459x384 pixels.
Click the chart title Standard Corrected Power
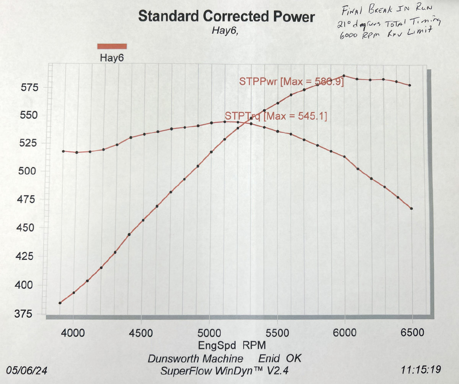coord(226,16)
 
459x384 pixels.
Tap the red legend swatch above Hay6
coord(112,46)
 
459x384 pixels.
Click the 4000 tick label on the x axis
coord(73,332)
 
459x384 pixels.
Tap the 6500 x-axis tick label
coord(412,332)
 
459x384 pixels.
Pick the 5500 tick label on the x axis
coord(277,332)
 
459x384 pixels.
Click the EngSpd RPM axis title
coord(232,345)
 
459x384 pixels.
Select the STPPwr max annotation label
coord(291,82)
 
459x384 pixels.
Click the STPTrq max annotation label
coord(276,116)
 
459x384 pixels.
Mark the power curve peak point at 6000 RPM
coord(344,76)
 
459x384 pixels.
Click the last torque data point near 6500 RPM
coord(412,208)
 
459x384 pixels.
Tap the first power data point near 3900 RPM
coord(60,303)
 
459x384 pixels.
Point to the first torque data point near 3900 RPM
coord(63,151)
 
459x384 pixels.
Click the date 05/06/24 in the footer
coord(26,370)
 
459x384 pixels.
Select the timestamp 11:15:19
coord(421,370)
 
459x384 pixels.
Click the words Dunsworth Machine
coord(195,359)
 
